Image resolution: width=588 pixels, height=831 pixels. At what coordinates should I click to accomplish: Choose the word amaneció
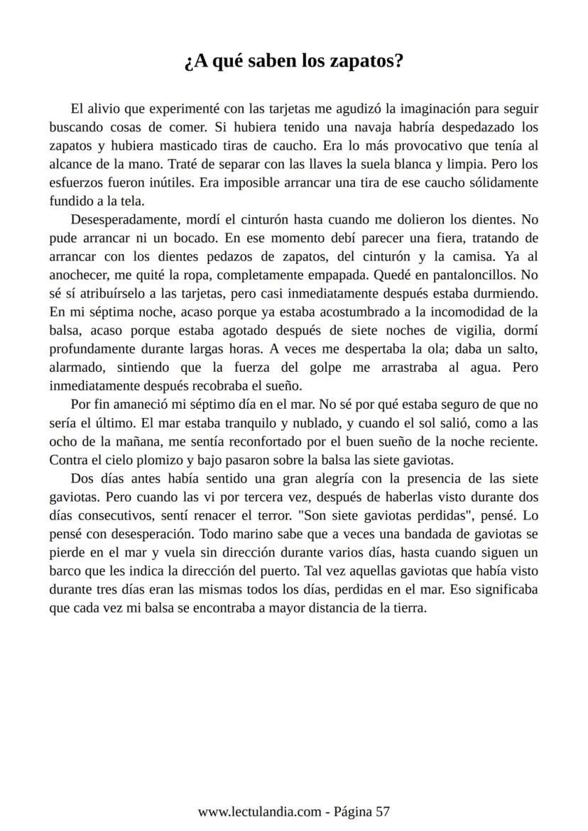[x=132, y=405]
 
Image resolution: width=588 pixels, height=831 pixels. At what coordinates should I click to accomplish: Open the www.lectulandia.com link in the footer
[x=260, y=812]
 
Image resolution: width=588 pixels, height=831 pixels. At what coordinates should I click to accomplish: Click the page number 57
[x=382, y=812]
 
